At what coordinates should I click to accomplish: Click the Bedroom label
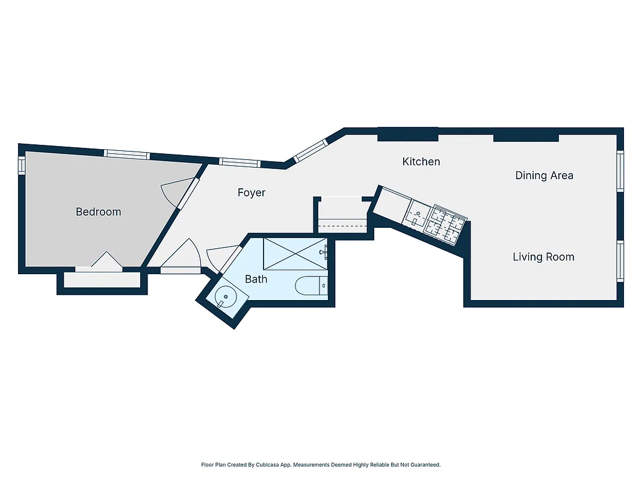point(98,212)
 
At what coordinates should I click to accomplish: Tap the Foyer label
point(252,192)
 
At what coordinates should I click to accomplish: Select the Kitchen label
point(421,161)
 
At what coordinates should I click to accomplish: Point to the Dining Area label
point(544,176)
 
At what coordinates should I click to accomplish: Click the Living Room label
point(543,257)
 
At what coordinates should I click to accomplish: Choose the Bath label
point(256,279)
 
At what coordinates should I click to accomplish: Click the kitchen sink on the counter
point(416,214)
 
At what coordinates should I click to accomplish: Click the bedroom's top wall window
point(126,154)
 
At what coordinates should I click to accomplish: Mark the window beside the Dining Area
point(620,171)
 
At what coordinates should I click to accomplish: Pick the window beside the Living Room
point(620,260)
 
